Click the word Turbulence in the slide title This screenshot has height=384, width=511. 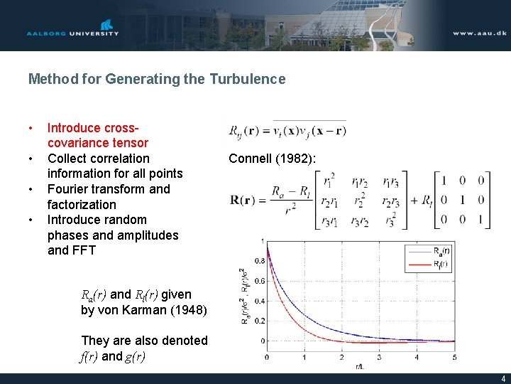coord(248,79)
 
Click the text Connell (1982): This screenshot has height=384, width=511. coord(272,159)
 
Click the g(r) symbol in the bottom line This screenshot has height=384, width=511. coord(136,356)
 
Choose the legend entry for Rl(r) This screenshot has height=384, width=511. coord(437,264)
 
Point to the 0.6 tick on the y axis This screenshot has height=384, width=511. coord(259,281)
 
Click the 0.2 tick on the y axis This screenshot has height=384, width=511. coord(259,321)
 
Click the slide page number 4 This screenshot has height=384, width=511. coord(503,379)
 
